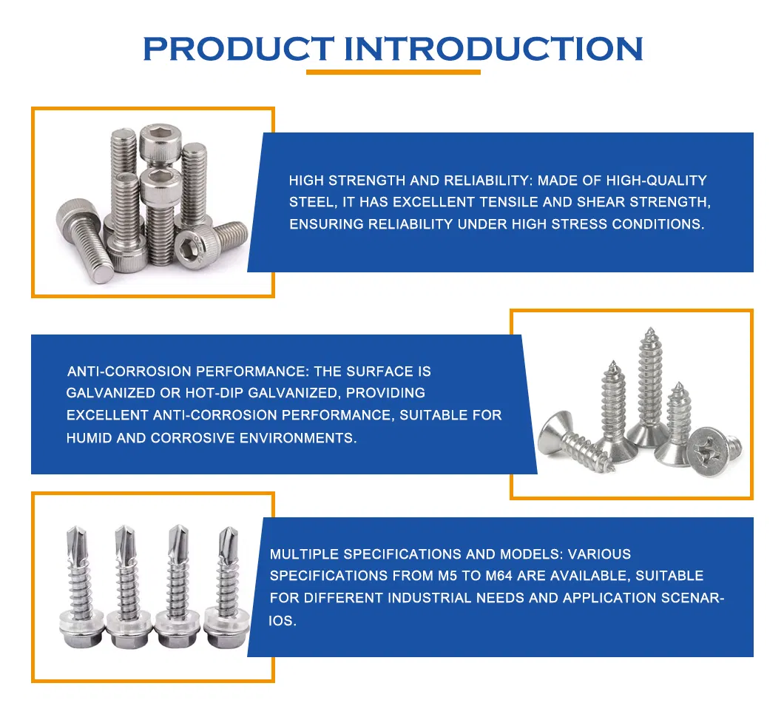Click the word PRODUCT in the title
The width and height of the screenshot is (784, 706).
[x=237, y=49]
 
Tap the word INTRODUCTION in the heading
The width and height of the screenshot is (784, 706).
[x=494, y=49]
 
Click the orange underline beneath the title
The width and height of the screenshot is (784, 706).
[x=393, y=72]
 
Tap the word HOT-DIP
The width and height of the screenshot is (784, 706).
[x=212, y=393]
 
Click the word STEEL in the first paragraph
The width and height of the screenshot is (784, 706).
[x=311, y=202]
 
